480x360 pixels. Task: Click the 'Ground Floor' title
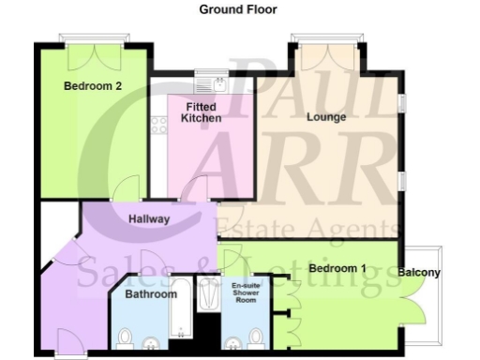pos(237,9)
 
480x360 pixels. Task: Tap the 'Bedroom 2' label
pos(92,86)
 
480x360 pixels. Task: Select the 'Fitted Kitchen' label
pos(202,113)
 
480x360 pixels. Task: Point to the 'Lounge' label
pos(326,117)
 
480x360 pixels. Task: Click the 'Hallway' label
pos(148,219)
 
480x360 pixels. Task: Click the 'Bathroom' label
pos(152,294)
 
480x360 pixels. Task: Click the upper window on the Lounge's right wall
pos(401,100)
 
